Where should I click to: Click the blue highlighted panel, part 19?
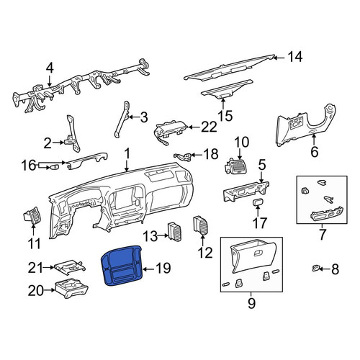122,266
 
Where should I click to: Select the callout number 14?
295,58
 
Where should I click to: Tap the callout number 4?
50,68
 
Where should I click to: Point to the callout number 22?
209,127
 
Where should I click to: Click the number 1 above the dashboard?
127,153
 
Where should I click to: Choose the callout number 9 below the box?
251,304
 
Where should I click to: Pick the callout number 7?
322,235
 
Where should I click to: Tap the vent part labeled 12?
201,225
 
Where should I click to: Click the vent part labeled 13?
175,231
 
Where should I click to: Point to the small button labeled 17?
258,202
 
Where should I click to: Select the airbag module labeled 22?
170,133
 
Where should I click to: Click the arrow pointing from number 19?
148,269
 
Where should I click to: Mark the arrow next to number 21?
49,267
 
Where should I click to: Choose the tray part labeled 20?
71,288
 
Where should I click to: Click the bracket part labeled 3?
122,120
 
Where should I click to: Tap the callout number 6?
315,151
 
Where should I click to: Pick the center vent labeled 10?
235,166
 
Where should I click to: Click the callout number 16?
28,166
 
